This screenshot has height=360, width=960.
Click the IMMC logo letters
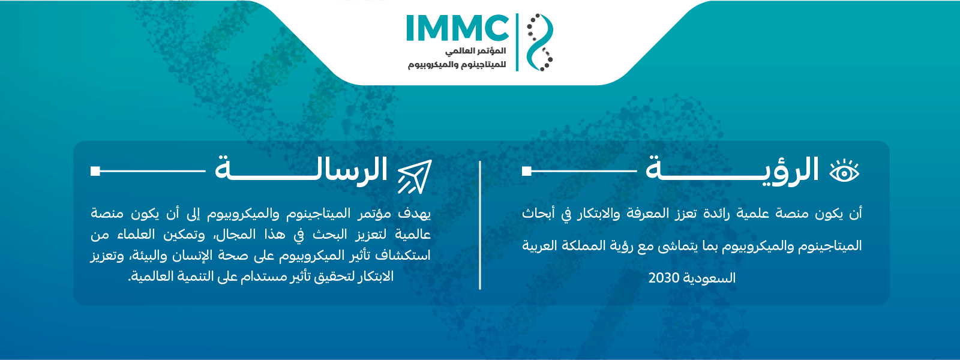tap(457, 28)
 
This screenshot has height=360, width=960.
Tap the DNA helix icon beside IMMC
tap(539, 42)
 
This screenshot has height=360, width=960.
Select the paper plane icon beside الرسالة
tap(415, 176)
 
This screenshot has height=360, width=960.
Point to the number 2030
tap(664, 278)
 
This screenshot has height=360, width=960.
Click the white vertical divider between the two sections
tap(480, 225)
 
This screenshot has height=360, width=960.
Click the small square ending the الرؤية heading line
tap(527, 171)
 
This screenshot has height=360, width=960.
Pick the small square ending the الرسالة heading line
tap(95, 171)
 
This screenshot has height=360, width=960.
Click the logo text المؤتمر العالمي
tap(475, 51)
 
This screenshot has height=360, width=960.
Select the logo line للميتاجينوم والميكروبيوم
tap(457, 65)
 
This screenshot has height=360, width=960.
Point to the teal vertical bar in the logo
tap(517, 42)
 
